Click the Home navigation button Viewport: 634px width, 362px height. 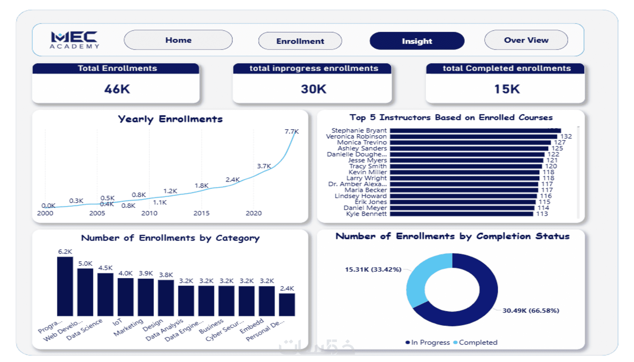coord(178,40)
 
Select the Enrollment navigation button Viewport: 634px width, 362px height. coord(300,41)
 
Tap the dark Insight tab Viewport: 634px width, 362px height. coord(417,41)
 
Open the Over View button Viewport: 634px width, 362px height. coord(526,40)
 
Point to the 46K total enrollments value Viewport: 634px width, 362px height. coord(117,89)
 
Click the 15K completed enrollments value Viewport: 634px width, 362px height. coord(506,89)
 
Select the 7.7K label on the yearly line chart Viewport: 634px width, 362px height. coord(292,131)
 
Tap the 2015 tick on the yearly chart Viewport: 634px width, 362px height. coord(201,213)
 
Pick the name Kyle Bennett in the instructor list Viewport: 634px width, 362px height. coord(366,214)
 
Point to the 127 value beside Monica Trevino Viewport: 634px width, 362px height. coord(559,143)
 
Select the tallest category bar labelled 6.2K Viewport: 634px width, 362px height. coord(65,286)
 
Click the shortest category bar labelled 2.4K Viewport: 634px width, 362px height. coord(287,305)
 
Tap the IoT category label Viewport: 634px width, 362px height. coord(117,322)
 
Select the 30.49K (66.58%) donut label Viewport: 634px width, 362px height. coord(530,310)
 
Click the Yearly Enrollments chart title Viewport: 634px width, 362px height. coord(170,119)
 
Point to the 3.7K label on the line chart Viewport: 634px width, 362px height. coord(264,166)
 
